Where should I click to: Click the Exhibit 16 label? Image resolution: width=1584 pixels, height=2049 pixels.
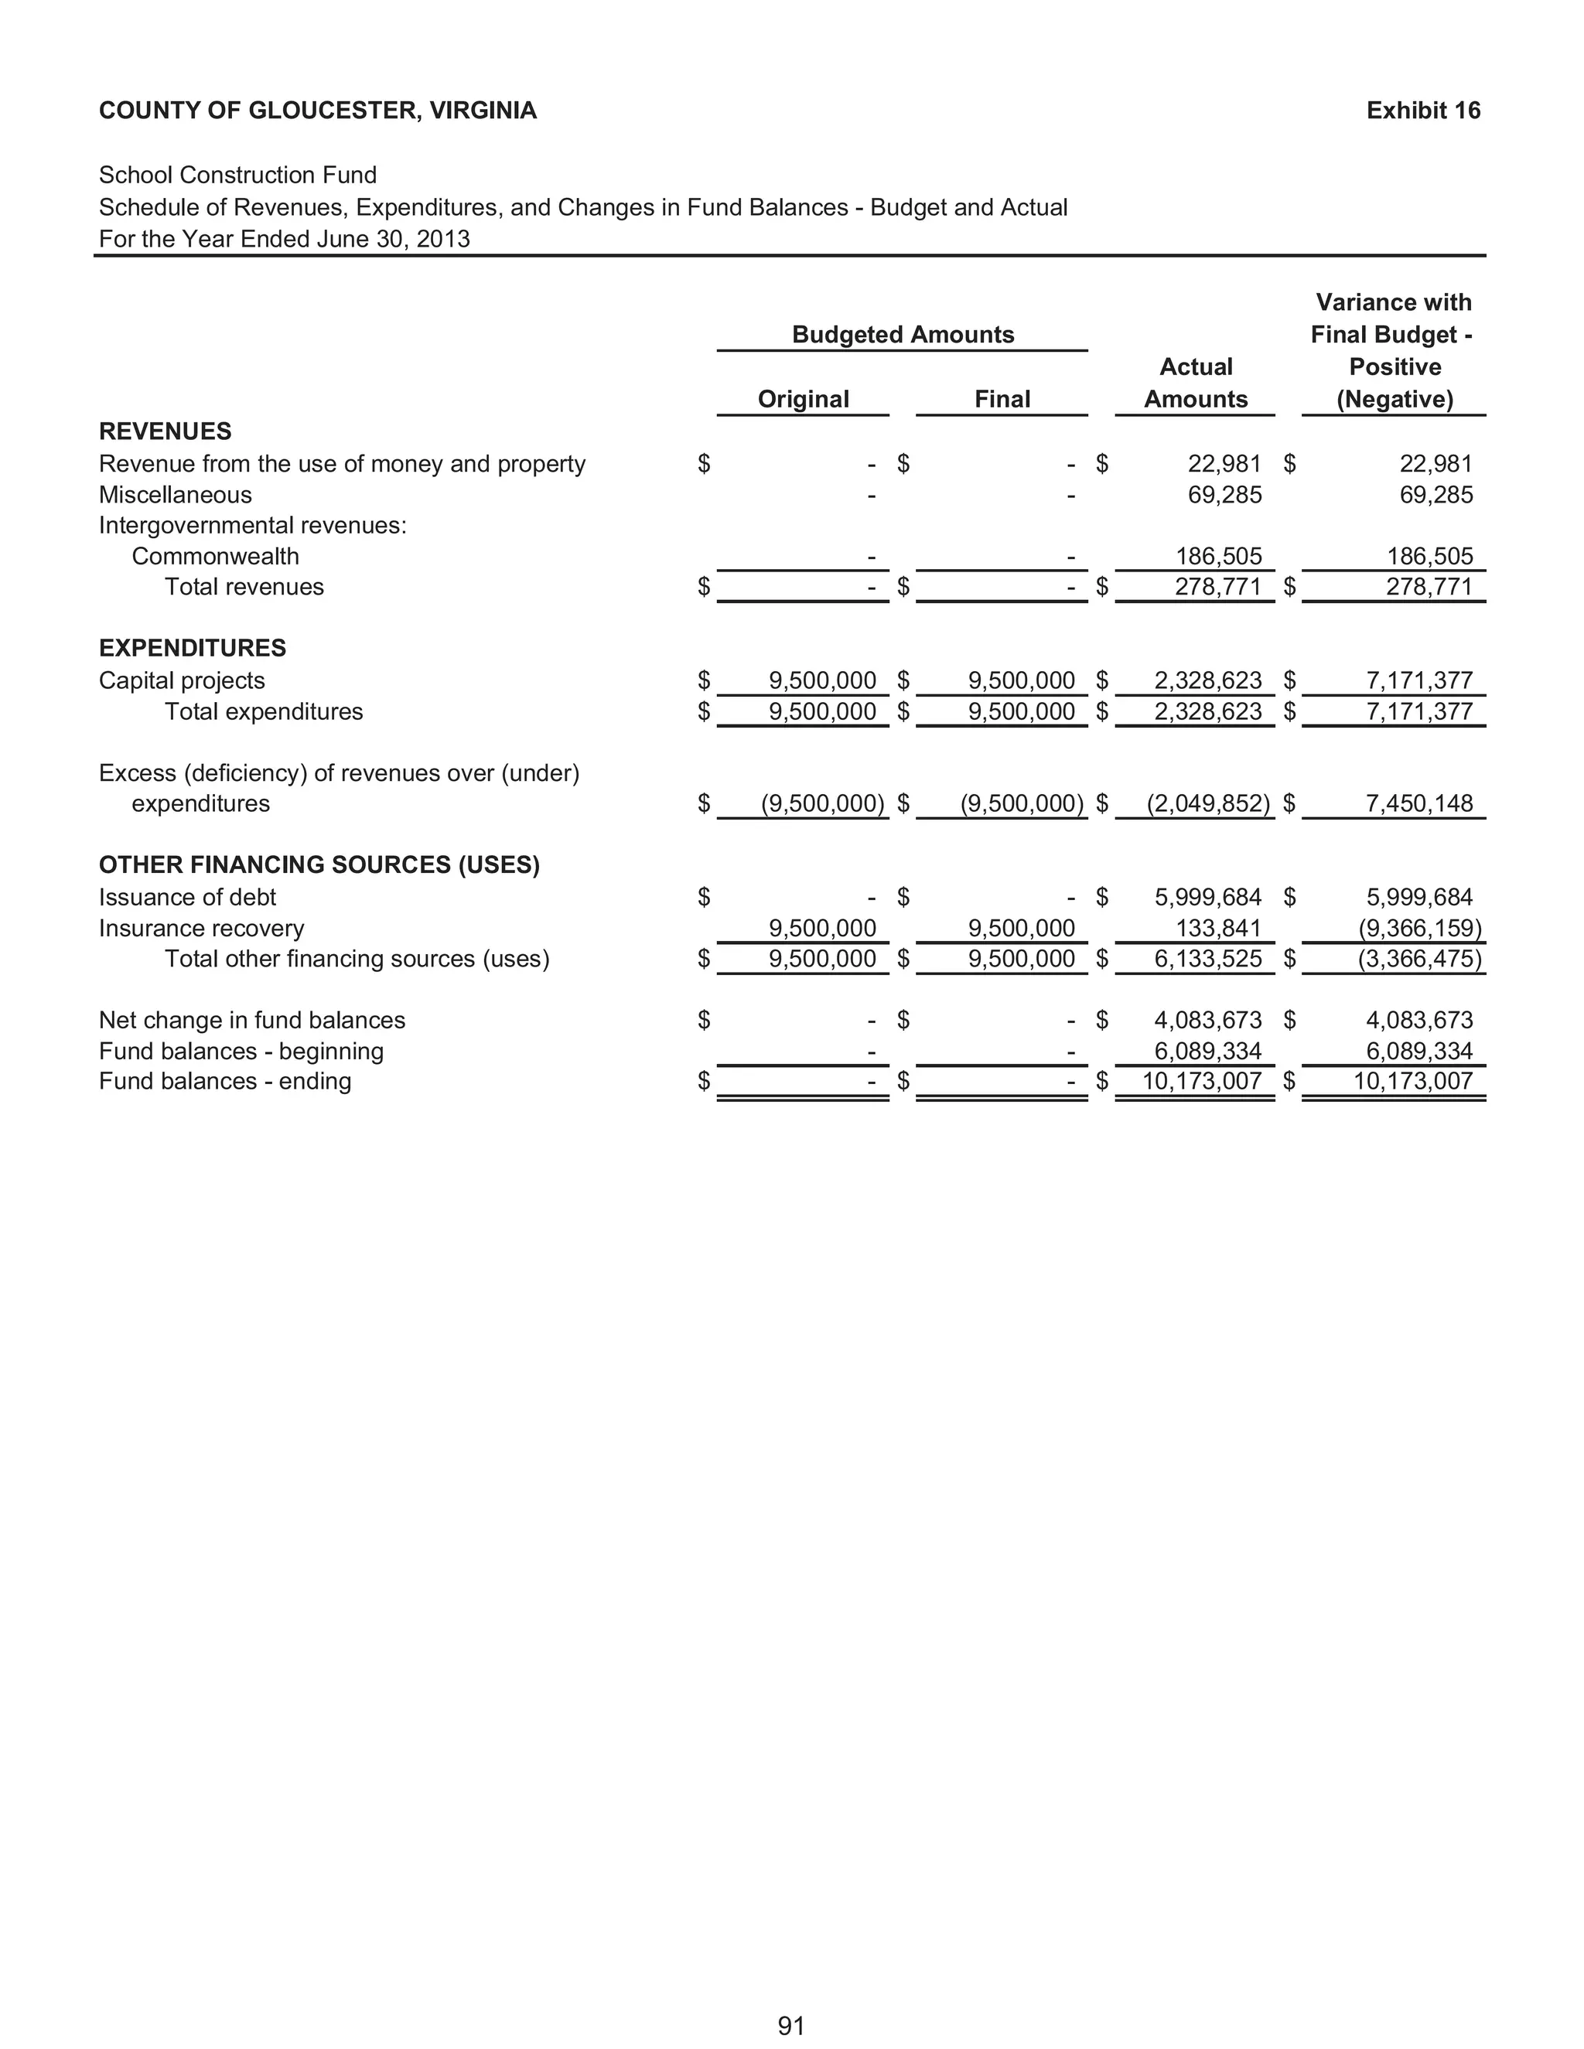click(x=1422, y=111)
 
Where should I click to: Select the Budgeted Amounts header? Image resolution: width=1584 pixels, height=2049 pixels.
click(x=903, y=335)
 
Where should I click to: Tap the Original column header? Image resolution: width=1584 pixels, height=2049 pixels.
click(x=804, y=399)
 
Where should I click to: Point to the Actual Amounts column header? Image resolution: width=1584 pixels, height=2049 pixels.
click(x=1196, y=383)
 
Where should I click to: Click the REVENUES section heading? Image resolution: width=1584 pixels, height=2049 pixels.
click(x=166, y=431)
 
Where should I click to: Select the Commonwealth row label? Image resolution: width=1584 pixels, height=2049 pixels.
click(x=215, y=557)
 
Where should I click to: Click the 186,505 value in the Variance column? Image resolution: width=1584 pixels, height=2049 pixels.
click(x=1429, y=557)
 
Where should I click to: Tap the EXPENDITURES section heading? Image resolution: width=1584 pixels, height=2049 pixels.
click(x=193, y=648)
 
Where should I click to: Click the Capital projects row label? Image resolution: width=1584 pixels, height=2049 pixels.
click(x=182, y=680)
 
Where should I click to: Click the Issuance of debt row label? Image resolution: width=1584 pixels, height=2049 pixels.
click(x=188, y=897)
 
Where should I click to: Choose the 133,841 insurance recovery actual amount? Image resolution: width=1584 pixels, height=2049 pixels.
click(x=1218, y=928)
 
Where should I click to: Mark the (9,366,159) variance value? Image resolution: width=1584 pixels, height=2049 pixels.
click(x=1420, y=928)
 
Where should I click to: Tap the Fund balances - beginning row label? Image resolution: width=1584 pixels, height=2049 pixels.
click(x=241, y=1051)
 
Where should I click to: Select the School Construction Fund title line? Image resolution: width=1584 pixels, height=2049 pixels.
click(x=237, y=176)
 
